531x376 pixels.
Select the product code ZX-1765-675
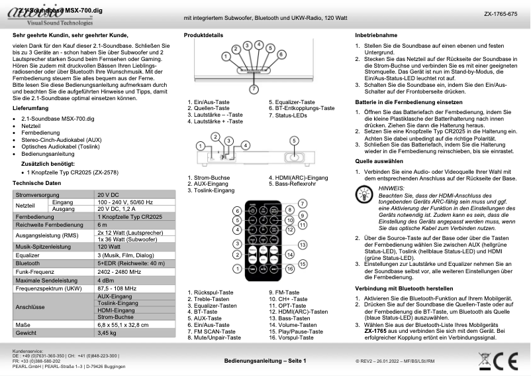click(500, 13)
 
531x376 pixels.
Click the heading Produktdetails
click(204, 34)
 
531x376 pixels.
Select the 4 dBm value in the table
click(107, 280)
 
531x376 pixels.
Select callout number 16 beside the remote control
click(301, 263)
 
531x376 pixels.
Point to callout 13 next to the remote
click(302, 245)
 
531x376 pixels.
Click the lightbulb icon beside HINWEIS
click(364, 194)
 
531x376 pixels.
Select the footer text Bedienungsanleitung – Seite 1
click(265, 361)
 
